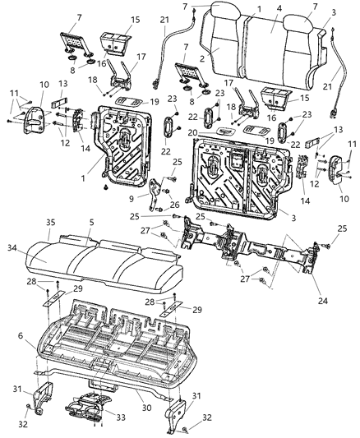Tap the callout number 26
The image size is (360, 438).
point(174,205)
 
